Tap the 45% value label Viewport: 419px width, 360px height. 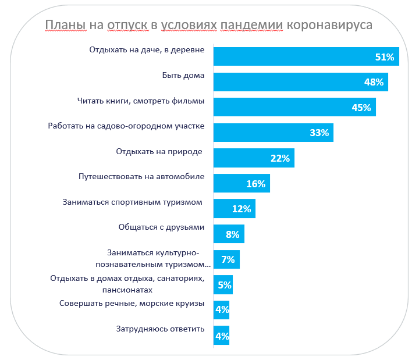click(x=361, y=108)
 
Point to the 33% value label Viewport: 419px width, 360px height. click(x=319, y=133)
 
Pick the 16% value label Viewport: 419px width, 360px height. click(x=256, y=184)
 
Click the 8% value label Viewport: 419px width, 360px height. click(x=233, y=234)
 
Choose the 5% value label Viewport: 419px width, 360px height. click(x=225, y=285)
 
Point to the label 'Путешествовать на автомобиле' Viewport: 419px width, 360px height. click(x=141, y=176)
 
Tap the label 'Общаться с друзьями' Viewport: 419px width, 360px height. click(x=161, y=227)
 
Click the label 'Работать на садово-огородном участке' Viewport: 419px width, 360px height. click(x=126, y=126)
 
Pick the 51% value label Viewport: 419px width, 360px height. click(x=385, y=57)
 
